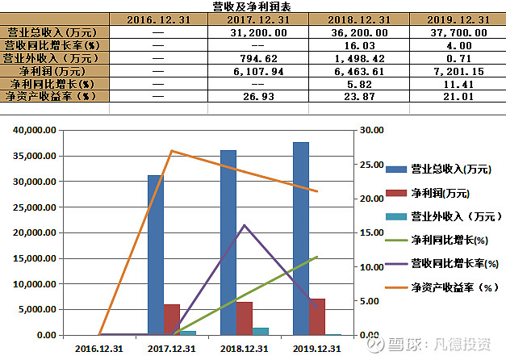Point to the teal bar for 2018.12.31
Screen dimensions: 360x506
pyautogui.click(x=260, y=331)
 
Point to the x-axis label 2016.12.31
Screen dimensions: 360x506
pyautogui.click(x=99, y=349)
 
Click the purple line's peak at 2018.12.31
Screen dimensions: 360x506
pyautogui.click(x=245, y=225)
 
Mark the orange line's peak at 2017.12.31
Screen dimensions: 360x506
pyautogui.click(x=172, y=151)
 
